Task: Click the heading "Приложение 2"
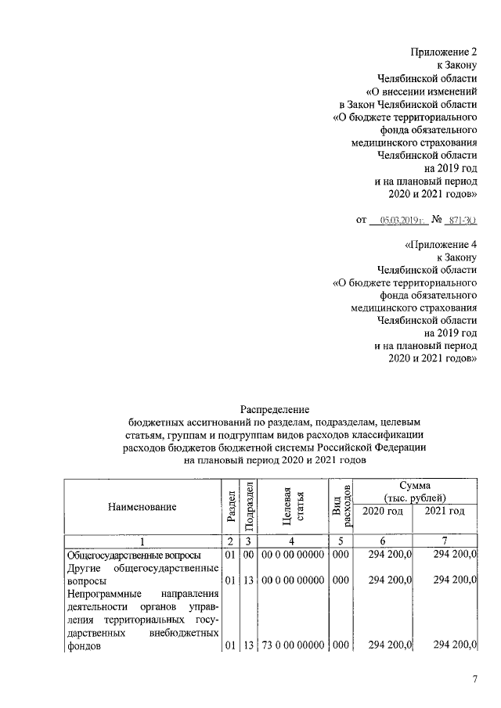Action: point(444,52)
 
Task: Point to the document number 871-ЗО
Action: point(463,221)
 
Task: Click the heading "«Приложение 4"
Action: point(441,245)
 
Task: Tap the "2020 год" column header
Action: point(384,512)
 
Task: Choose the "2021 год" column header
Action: point(445,512)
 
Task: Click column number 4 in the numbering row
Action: point(290,541)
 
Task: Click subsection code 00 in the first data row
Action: point(247,555)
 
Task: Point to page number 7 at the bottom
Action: point(474,678)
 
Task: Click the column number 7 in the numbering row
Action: point(445,541)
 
